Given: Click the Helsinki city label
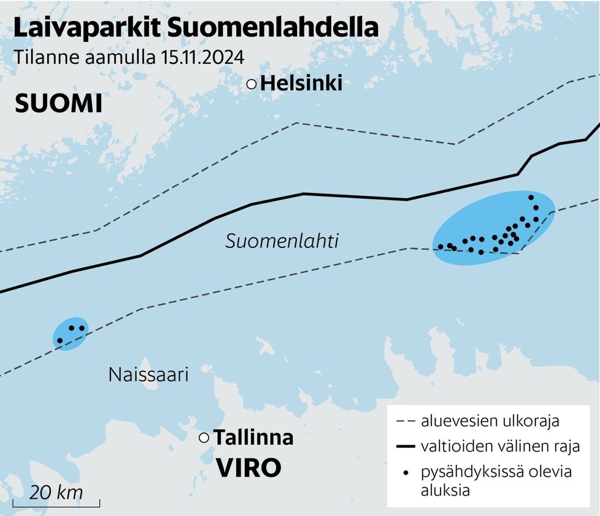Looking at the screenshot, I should click(301, 84).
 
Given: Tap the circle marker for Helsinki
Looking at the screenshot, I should click(252, 85).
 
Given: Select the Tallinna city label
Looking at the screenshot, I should click(253, 438).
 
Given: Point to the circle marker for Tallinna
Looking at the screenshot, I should click(204, 437).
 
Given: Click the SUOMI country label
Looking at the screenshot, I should click(58, 104).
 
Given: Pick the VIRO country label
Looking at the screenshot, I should click(248, 468).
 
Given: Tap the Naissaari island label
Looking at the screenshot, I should click(148, 374).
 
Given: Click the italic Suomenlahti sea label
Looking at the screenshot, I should click(282, 241).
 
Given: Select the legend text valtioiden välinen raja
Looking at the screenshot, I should click(500, 446).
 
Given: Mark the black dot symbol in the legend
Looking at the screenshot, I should click(405, 472).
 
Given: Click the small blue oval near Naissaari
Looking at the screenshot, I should click(70, 334).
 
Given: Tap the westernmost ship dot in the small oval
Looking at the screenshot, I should click(60, 340).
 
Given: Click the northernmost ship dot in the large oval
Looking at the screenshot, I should click(531, 197).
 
